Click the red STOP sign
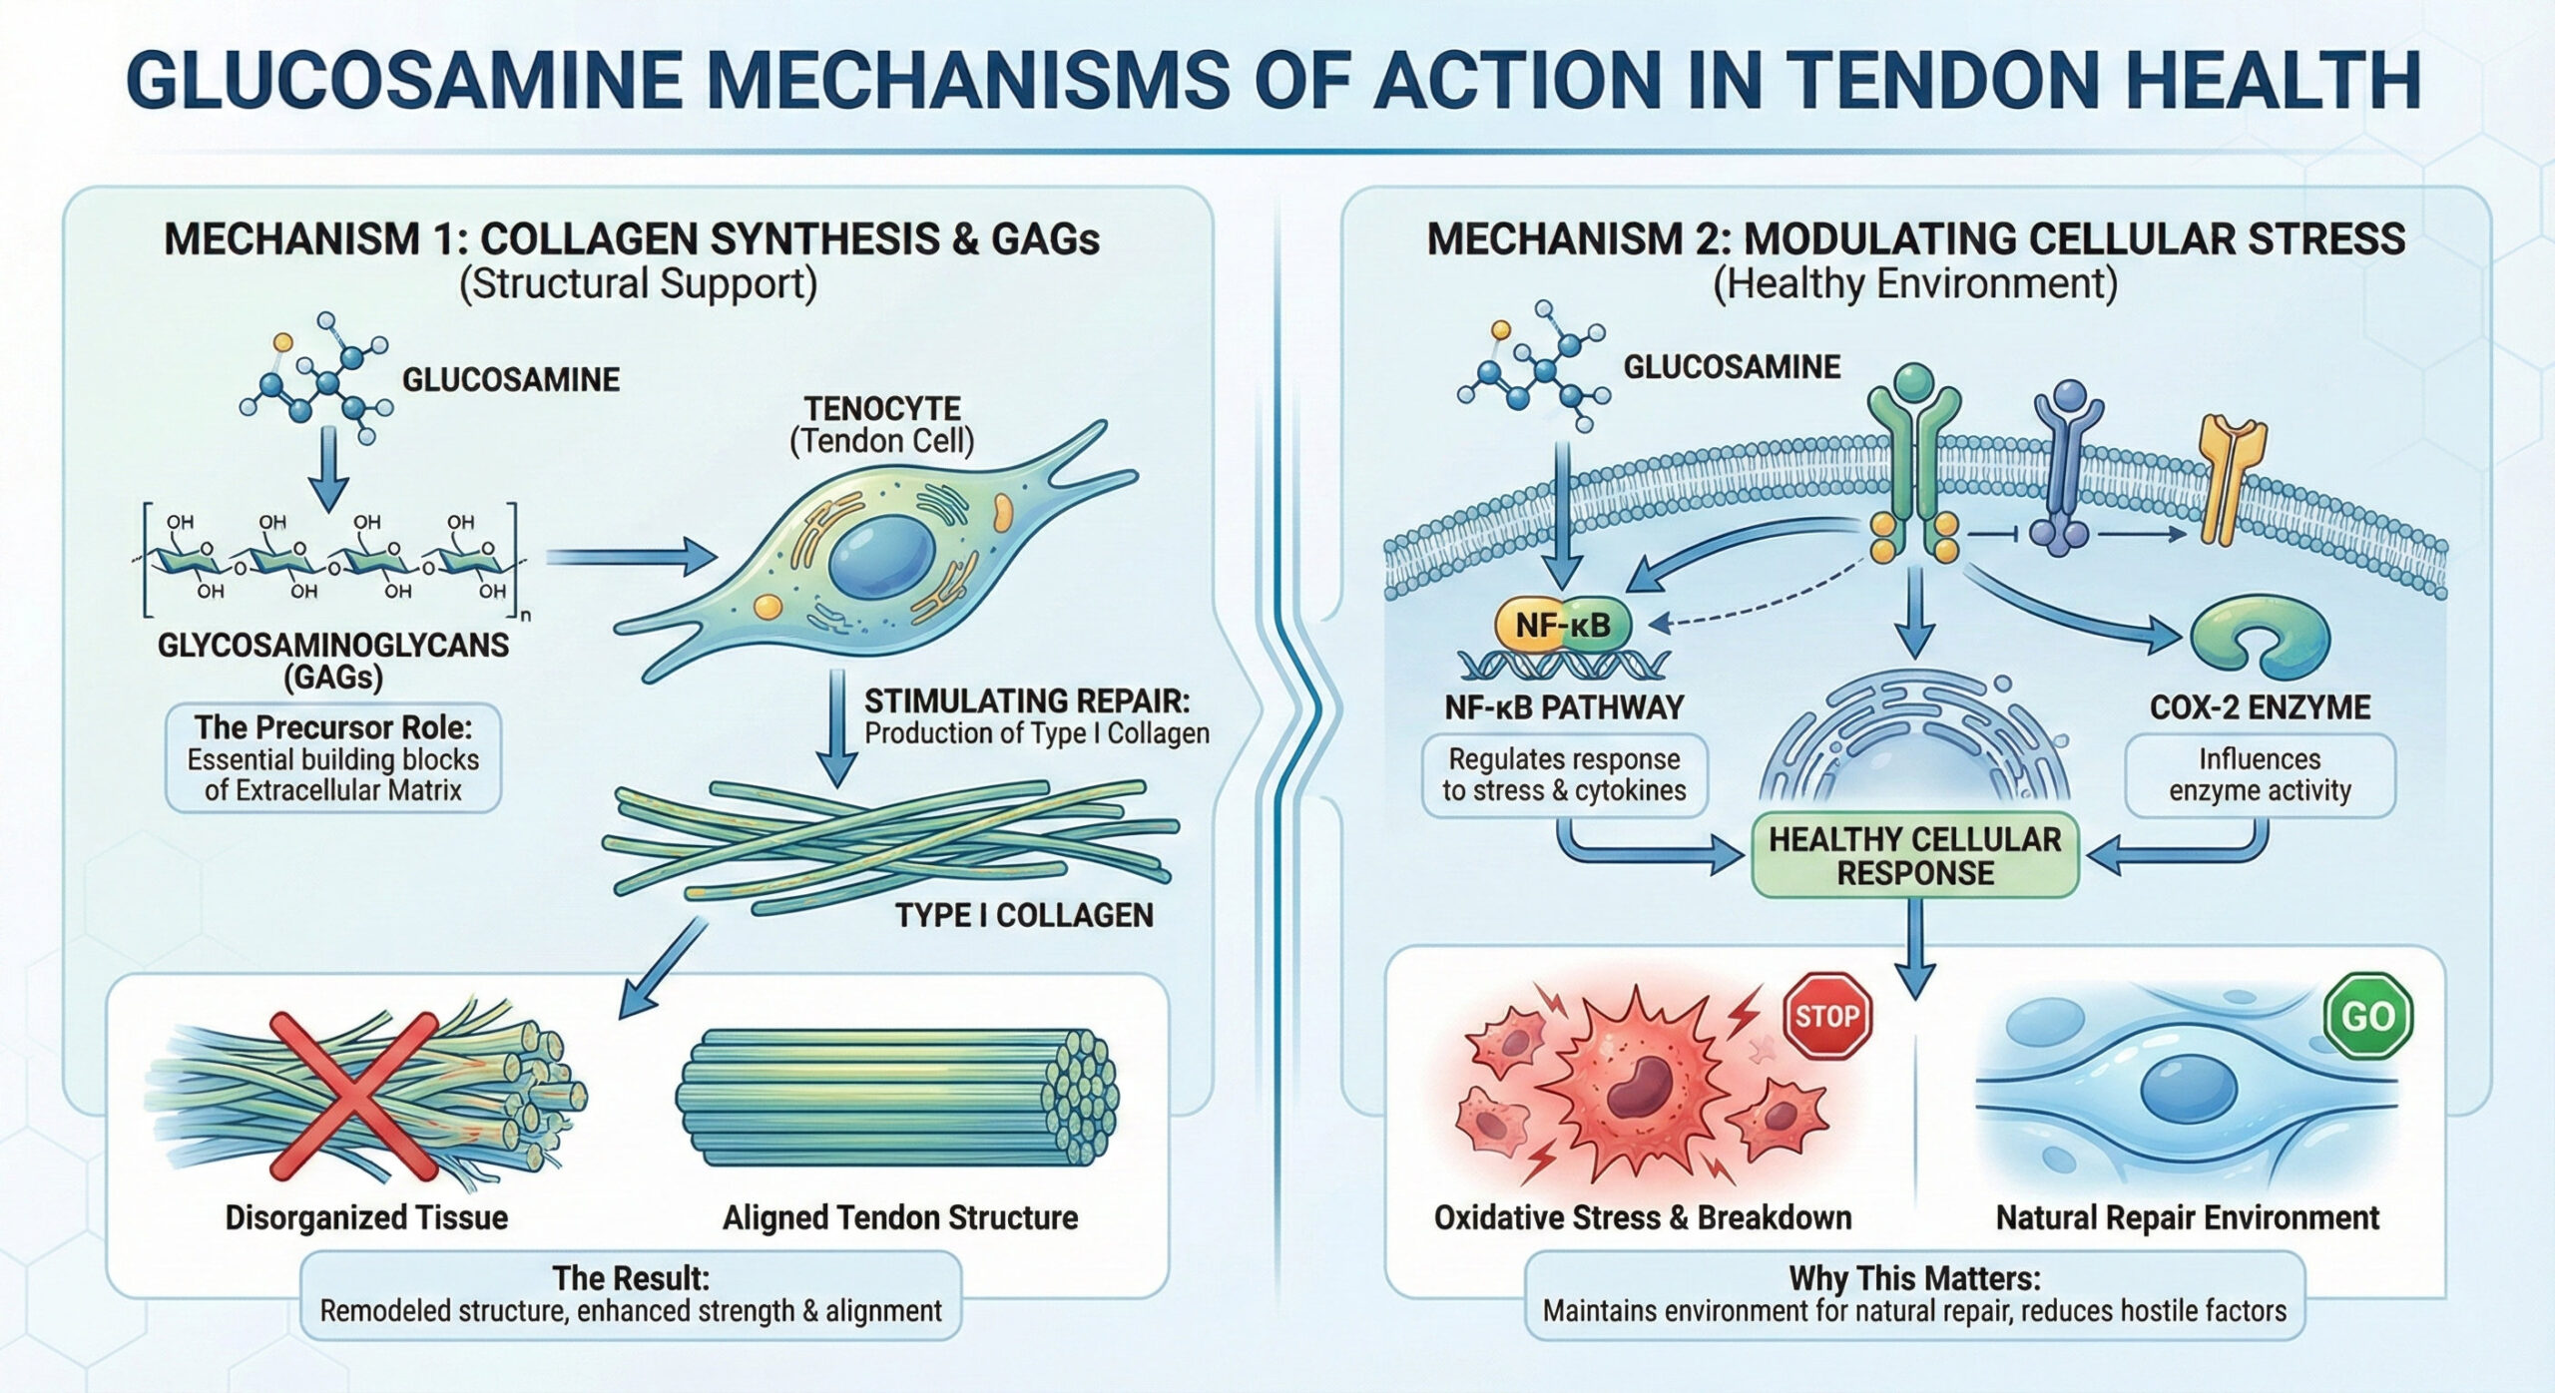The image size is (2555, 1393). coord(1827,1016)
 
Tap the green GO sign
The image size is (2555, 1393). coord(2368,1016)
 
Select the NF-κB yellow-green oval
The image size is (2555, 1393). coord(1562,626)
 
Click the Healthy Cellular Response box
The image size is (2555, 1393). coord(1914,856)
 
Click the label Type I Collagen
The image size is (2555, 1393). coord(1023,915)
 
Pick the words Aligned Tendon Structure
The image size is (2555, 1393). coord(900,1217)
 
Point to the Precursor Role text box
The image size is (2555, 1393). coord(332,759)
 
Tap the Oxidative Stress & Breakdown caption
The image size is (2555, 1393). coord(1642,1217)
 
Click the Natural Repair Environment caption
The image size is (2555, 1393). coord(2187,1217)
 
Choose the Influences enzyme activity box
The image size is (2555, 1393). coord(2260,775)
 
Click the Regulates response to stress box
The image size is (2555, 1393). coord(1564,775)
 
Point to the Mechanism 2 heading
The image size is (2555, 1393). coord(1915,239)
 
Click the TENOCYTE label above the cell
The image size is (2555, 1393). coord(882,409)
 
